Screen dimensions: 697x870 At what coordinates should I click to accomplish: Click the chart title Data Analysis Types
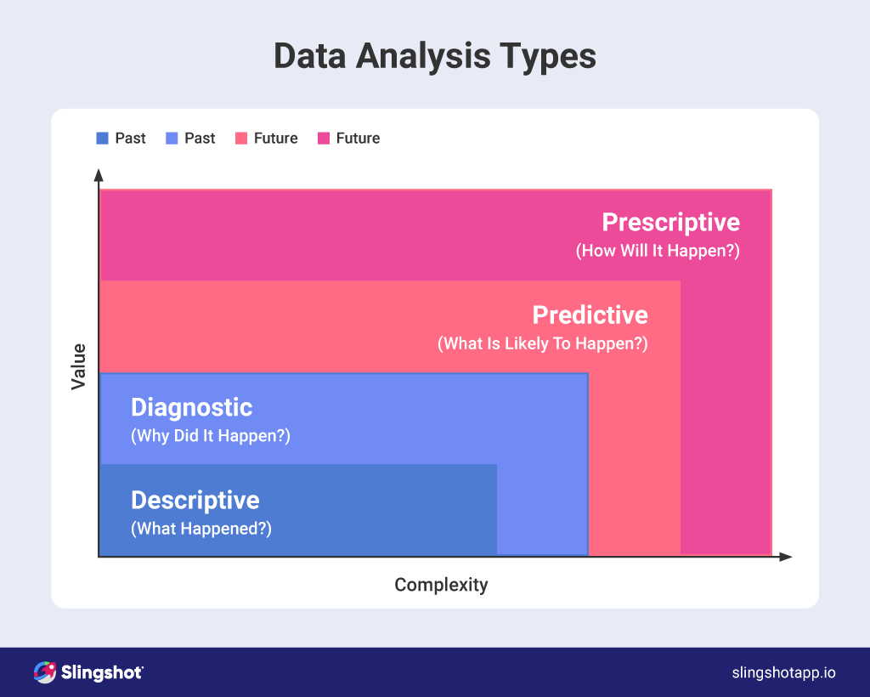coord(434,57)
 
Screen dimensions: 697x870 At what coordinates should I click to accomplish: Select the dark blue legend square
coord(102,139)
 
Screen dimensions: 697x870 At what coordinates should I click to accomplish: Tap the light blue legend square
coord(172,139)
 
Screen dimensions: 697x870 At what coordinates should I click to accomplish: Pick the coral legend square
coord(241,139)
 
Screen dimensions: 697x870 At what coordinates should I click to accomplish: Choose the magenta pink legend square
coord(323,139)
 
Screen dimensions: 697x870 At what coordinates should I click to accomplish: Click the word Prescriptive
coord(670,223)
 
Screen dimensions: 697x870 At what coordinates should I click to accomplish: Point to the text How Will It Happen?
coord(658,252)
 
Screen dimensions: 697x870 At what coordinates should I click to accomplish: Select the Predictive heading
coord(590,315)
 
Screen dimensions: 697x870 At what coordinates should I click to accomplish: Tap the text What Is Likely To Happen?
coord(542,344)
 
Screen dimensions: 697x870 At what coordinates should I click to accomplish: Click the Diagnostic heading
coord(191,407)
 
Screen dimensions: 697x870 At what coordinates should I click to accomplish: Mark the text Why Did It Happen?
coord(210,436)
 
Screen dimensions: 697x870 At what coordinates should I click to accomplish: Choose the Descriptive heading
coord(195,500)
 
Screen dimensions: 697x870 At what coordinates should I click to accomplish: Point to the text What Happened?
coord(201,529)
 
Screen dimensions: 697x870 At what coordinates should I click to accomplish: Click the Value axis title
coord(79,366)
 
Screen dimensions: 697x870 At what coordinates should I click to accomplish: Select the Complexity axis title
coord(441,585)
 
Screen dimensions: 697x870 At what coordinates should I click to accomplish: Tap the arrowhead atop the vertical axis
coord(99,176)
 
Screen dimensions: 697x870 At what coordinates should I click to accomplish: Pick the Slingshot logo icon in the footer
coord(44,672)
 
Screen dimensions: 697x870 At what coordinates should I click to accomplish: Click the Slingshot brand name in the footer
coord(101,672)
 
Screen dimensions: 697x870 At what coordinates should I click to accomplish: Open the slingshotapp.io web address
coord(783,672)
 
